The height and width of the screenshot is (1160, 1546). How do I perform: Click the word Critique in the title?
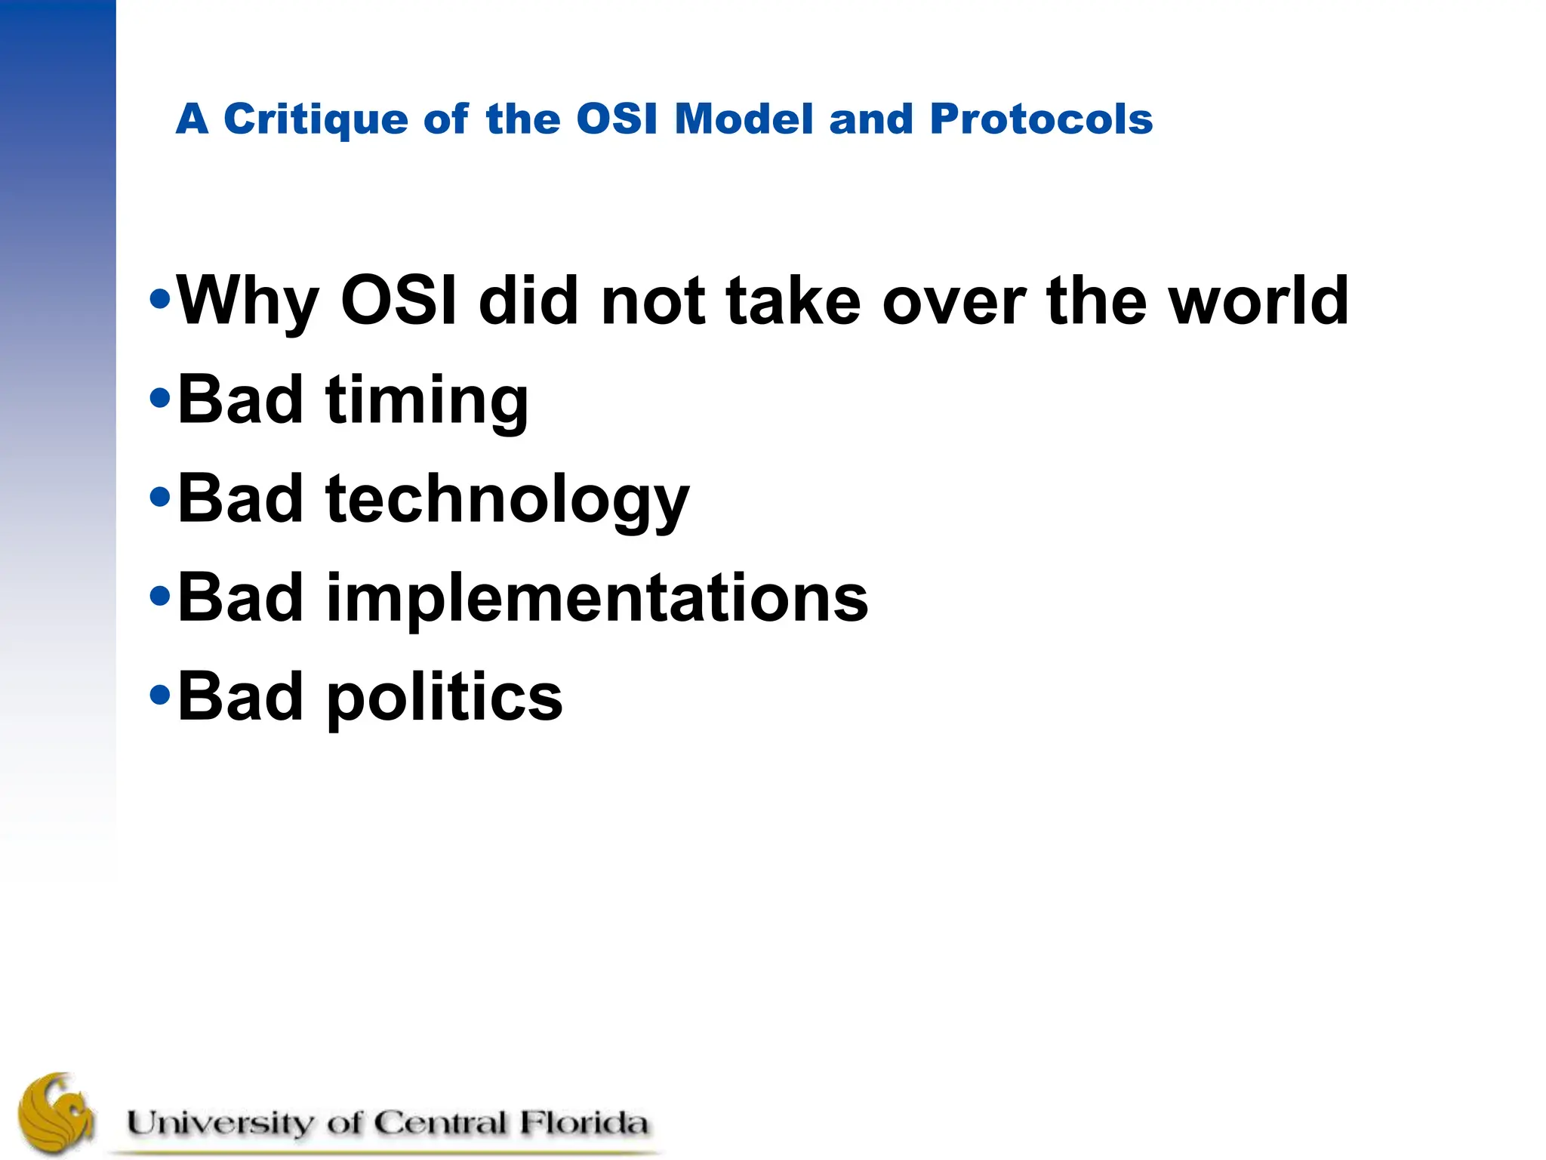point(316,119)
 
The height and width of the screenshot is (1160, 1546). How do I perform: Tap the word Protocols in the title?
point(1041,119)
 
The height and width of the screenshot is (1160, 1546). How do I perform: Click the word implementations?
point(597,598)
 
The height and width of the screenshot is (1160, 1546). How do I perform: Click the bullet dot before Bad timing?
point(160,399)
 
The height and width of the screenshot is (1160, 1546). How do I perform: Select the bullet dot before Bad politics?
point(160,694)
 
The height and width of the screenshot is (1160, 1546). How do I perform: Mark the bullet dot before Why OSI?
point(160,299)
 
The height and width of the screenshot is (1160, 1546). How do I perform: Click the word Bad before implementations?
point(240,598)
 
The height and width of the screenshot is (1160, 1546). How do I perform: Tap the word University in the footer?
point(219,1123)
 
